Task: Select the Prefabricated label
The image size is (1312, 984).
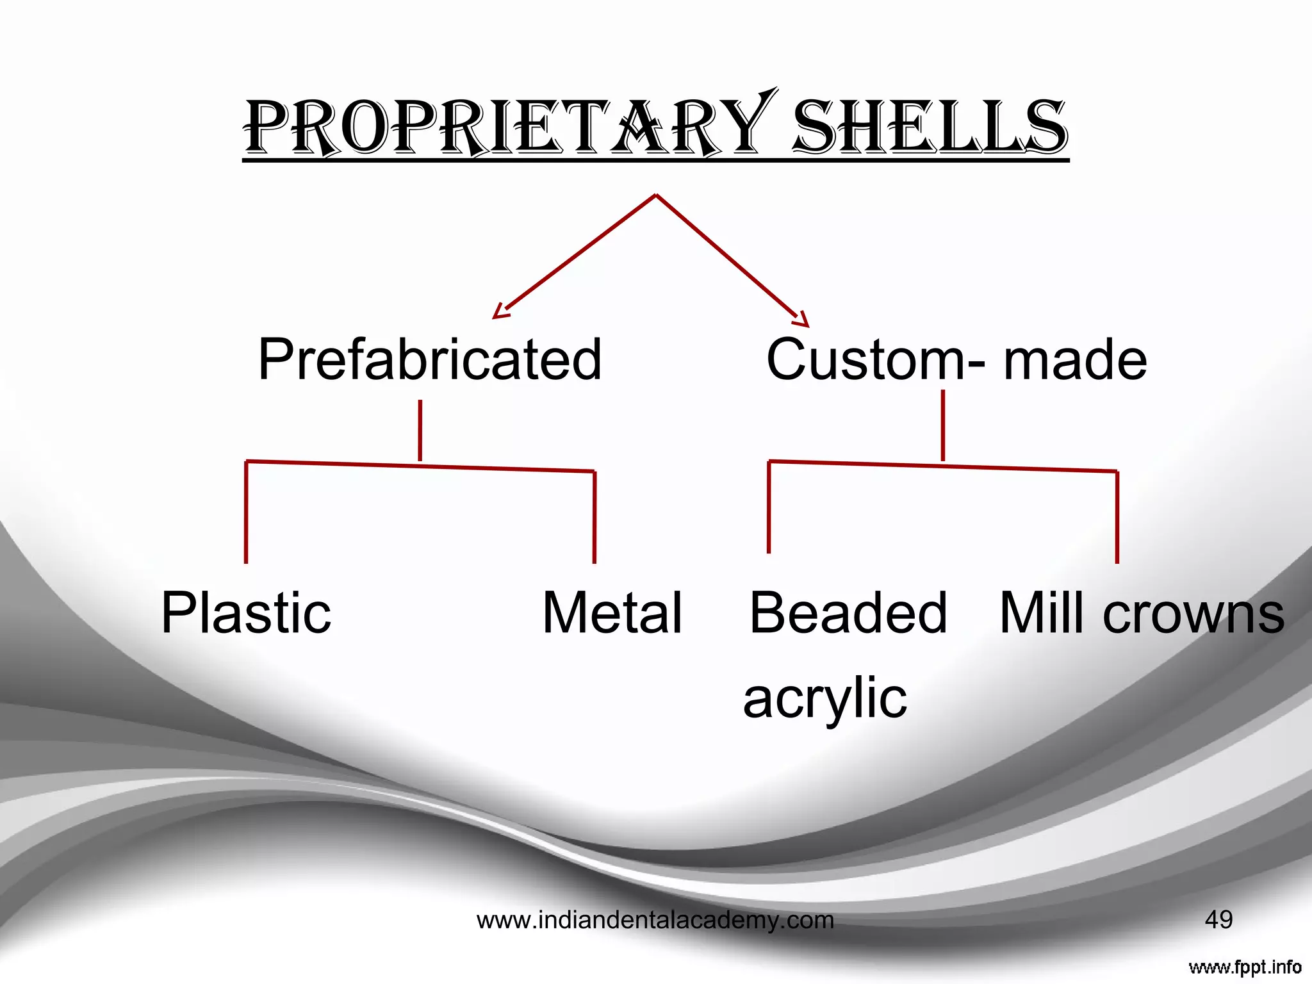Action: tap(430, 359)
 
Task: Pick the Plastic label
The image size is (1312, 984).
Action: tap(246, 614)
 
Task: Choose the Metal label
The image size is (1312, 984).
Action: tap(612, 613)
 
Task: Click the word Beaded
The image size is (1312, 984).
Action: tap(848, 613)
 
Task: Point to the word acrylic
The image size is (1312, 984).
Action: tap(825, 698)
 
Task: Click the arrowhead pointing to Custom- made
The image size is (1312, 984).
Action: tap(801, 318)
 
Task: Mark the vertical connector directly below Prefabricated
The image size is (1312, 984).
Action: tap(420, 430)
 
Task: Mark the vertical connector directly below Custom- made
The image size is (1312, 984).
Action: tap(943, 425)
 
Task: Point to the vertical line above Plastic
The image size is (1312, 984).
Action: tap(246, 512)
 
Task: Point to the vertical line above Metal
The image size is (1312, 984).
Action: tap(594, 518)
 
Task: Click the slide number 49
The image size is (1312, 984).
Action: tap(1218, 920)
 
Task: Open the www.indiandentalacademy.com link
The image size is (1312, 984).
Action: tap(655, 921)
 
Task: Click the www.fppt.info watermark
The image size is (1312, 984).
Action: tap(1245, 967)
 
